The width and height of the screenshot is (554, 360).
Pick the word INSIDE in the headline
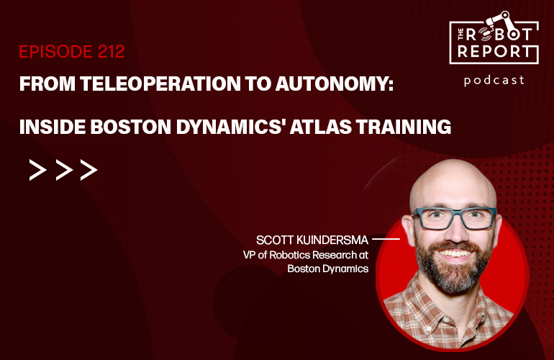pyautogui.click(x=49, y=127)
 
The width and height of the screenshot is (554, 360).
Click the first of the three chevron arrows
pyautogui.click(x=37, y=170)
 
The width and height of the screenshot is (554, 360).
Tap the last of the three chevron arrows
pyautogui.click(x=88, y=170)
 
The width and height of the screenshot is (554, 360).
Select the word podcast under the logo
pyautogui.click(x=494, y=80)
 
